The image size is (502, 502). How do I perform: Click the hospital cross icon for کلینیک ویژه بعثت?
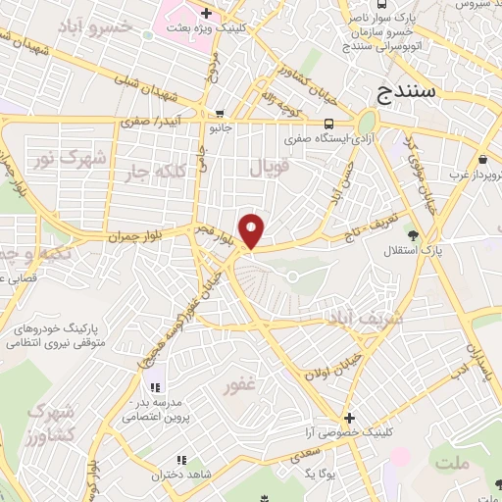[x=206, y=13]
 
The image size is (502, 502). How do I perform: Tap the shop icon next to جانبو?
[x=220, y=113]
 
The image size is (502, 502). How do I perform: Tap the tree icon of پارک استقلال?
[x=413, y=235]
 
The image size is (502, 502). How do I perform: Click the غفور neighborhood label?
[x=240, y=386]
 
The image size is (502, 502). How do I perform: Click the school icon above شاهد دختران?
[x=180, y=460]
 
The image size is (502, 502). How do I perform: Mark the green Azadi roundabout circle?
[x=367, y=123]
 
